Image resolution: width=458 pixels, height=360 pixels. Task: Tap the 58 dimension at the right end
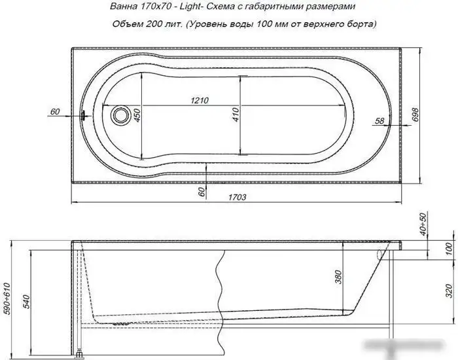click(379, 120)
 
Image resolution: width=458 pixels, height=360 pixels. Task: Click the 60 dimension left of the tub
click(54, 112)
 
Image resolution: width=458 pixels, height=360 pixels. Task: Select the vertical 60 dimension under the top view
click(203, 191)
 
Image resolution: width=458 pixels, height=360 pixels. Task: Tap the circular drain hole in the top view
click(120, 116)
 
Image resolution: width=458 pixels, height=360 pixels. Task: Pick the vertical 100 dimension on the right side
click(448, 249)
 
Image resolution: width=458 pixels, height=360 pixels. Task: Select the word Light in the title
click(190, 7)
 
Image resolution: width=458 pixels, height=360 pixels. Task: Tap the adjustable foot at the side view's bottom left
click(80, 353)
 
